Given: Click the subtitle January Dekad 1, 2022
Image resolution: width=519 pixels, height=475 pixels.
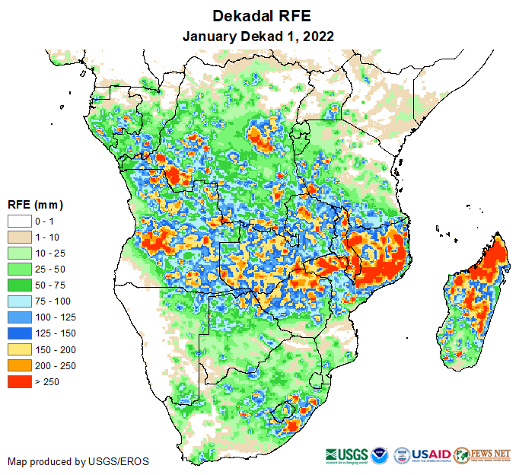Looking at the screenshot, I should [x=259, y=36].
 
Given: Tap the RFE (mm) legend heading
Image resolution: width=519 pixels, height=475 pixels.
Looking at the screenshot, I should [x=35, y=205].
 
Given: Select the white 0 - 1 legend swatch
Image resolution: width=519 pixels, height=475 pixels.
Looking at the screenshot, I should [x=20, y=221].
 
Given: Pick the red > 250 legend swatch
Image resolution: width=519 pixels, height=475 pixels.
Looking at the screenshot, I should [x=20, y=381].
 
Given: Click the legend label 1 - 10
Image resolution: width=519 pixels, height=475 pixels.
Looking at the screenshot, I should [x=46, y=237].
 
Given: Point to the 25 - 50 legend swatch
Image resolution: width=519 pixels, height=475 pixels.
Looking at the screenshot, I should [x=20, y=269].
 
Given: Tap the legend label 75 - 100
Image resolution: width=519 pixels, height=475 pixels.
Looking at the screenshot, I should [x=51, y=301].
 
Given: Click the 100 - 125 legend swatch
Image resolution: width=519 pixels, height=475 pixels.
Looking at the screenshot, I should [x=20, y=317].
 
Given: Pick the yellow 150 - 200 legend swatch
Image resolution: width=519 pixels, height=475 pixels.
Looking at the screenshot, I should [x=20, y=349].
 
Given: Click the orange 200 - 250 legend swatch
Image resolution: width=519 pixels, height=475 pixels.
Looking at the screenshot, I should [x=20, y=365].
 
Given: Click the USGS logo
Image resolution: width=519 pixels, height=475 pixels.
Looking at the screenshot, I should [x=348, y=454].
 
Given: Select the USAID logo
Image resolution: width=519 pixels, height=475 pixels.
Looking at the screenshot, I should [x=431, y=454].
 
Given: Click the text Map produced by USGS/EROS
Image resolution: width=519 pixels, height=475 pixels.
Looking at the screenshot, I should [x=78, y=461].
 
